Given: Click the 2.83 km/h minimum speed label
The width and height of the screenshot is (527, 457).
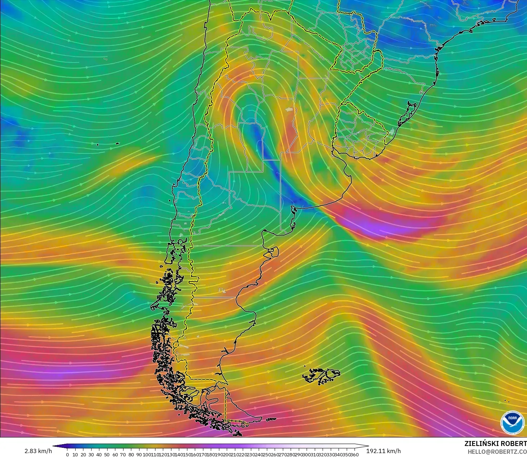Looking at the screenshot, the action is [38, 451].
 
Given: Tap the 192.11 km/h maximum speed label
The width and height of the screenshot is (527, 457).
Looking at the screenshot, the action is [383, 451].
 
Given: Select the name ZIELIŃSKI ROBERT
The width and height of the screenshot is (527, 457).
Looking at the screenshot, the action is [495, 444].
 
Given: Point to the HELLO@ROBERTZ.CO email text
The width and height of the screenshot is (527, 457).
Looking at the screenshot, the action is [497, 452].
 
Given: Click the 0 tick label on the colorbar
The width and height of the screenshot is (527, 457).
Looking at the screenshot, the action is [67, 455].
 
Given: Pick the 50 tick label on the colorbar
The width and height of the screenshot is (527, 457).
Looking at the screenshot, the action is [107, 455].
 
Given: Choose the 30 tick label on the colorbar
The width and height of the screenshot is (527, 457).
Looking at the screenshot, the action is [91, 455].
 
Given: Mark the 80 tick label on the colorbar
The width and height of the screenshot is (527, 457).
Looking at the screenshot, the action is [131, 455].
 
